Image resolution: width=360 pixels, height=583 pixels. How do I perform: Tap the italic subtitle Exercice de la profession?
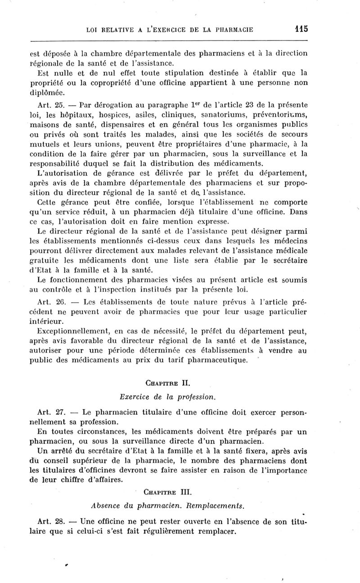pyautogui.click(x=168, y=397)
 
